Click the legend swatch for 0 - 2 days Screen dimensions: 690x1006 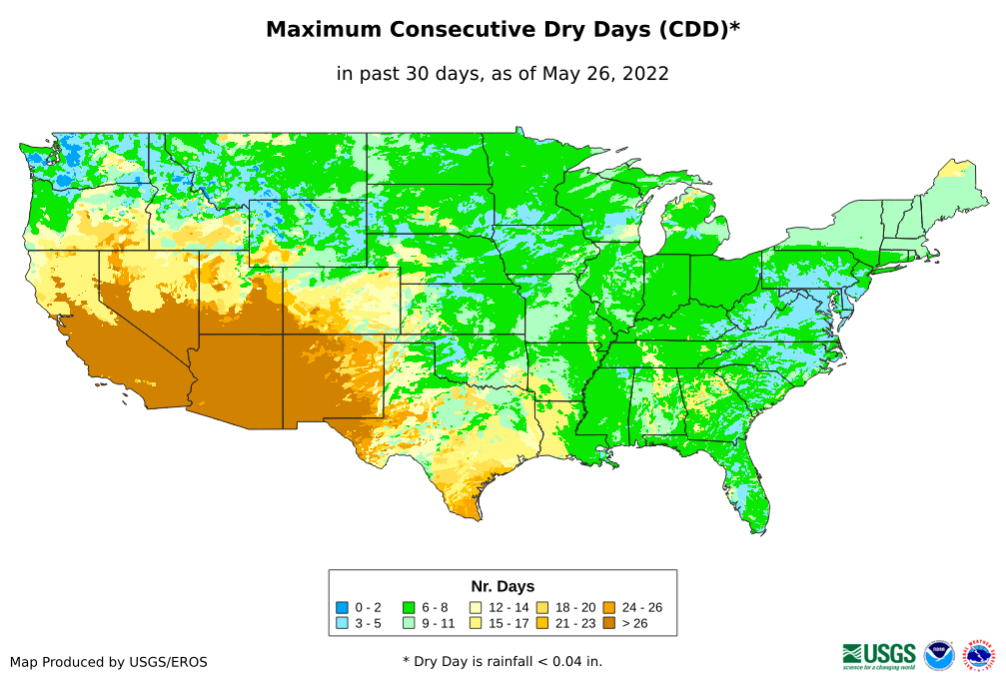pyautogui.click(x=343, y=607)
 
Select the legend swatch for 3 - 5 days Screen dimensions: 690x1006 pyautogui.click(x=343, y=623)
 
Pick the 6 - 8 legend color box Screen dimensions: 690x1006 pyautogui.click(x=409, y=607)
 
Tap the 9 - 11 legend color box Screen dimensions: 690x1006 pyautogui.click(x=409, y=623)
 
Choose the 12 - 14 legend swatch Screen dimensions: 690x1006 pyautogui.click(x=476, y=607)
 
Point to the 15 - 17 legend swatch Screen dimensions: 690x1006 pyautogui.click(x=476, y=623)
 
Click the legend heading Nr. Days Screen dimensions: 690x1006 pyautogui.click(x=503, y=586)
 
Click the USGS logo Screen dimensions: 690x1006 pyautogui.click(x=879, y=655)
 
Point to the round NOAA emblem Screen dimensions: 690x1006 pyautogui.click(x=939, y=655)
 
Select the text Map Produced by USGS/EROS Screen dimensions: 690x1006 pyautogui.click(x=109, y=661)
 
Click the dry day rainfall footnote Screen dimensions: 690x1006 pyautogui.click(x=503, y=661)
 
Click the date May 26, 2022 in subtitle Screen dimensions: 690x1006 pyautogui.click(x=605, y=73)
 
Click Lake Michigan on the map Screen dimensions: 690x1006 pyautogui.click(x=650, y=224)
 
